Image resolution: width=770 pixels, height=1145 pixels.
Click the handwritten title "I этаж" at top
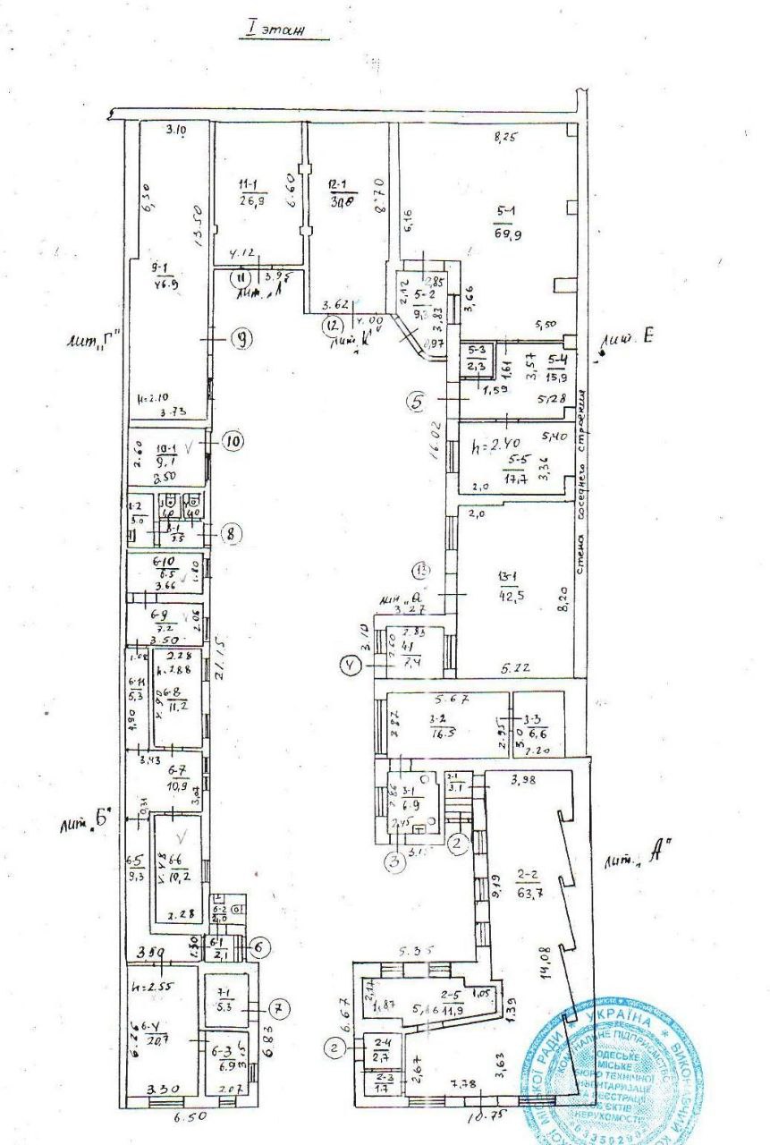(x=275, y=30)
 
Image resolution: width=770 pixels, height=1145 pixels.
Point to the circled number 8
(x=231, y=534)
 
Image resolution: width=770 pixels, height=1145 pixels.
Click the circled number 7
(x=280, y=1009)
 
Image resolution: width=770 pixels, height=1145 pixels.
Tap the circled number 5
(x=415, y=402)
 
